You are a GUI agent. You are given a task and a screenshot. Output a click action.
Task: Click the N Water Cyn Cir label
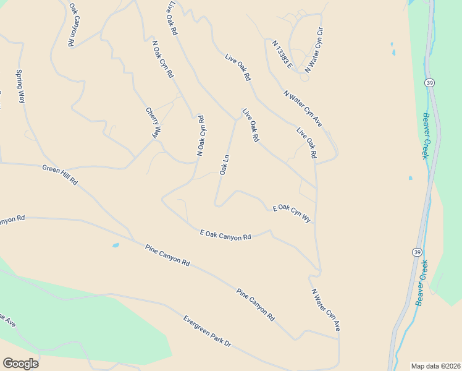(x=314, y=50)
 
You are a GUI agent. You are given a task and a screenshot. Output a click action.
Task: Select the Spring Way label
(x=20, y=87)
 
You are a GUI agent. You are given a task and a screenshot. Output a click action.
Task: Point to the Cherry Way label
(x=153, y=123)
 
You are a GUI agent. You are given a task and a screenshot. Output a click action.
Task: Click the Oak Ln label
(x=225, y=164)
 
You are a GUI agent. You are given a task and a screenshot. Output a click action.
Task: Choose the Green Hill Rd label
(x=60, y=175)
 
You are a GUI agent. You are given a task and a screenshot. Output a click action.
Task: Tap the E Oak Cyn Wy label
(x=292, y=213)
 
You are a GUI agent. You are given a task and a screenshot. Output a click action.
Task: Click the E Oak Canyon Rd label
(x=225, y=235)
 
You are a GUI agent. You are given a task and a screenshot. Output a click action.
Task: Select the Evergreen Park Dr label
(x=206, y=331)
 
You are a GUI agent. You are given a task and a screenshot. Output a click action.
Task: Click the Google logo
(x=20, y=364)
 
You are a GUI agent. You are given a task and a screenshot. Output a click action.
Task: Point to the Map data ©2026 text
(x=435, y=366)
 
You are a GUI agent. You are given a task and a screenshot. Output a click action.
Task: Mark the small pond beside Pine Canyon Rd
(x=115, y=245)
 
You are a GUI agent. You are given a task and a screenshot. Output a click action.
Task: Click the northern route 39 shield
(x=429, y=83)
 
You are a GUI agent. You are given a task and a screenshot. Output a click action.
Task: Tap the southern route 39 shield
(x=417, y=252)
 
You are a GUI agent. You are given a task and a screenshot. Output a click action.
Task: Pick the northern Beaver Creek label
(x=425, y=135)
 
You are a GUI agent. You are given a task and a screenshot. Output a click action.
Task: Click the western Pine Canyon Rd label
(x=167, y=255)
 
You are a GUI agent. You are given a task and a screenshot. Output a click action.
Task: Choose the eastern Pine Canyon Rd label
(x=255, y=304)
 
